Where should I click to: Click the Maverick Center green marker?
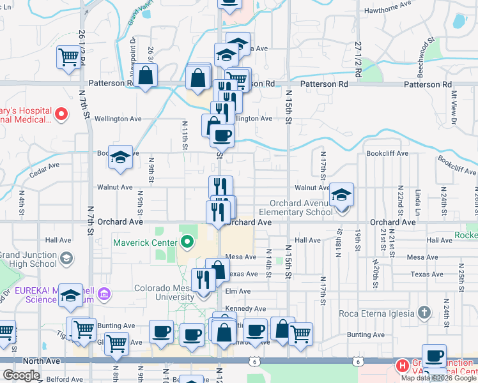click(x=187, y=242)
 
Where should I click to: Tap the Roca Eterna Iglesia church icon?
click(x=422, y=313)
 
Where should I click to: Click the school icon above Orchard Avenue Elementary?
click(x=341, y=195)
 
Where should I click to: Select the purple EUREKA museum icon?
click(x=105, y=294)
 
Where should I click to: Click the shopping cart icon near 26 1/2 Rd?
click(x=68, y=57)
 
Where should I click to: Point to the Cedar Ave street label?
click(x=44, y=165)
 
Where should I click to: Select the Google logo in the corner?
click(x=22, y=375)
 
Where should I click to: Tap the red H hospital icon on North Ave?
click(x=402, y=366)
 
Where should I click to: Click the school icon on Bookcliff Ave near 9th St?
click(x=119, y=157)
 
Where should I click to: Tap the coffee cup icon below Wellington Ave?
click(x=222, y=135)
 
